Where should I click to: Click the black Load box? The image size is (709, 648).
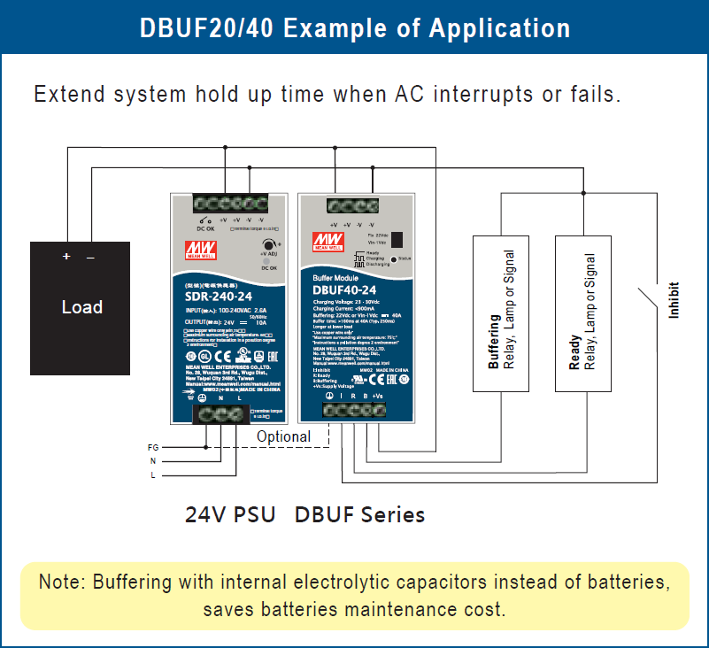click(81, 308)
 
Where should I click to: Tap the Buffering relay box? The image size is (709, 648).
click(501, 312)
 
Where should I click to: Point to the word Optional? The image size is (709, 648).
click(283, 436)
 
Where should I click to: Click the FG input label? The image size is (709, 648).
click(153, 448)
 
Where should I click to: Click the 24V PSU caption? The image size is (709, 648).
click(230, 514)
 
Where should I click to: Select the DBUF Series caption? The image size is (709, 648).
click(359, 514)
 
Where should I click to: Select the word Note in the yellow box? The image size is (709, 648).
click(60, 582)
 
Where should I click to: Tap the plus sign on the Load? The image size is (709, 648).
click(66, 257)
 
